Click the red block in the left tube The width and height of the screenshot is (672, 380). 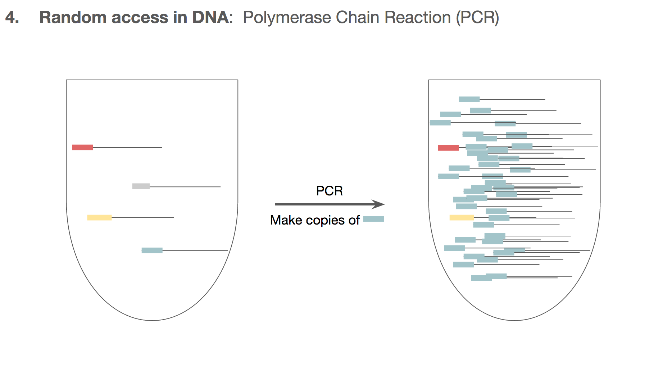[82, 147]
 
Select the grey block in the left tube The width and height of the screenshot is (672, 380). [141, 186]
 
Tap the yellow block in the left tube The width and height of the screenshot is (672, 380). [99, 217]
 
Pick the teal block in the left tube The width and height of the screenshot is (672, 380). [152, 250]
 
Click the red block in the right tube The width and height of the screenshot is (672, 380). [448, 148]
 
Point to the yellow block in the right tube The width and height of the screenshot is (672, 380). [462, 217]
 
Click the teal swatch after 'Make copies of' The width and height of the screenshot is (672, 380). [373, 219]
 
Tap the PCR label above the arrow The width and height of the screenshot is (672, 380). [329, 191]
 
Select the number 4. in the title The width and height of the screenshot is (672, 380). [12, 17]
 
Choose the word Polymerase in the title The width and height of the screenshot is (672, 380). [287, 18]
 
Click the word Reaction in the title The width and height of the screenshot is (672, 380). [418, 17]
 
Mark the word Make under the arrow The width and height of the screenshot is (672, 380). [286, 220]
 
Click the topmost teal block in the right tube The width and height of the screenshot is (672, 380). [469, 99]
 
